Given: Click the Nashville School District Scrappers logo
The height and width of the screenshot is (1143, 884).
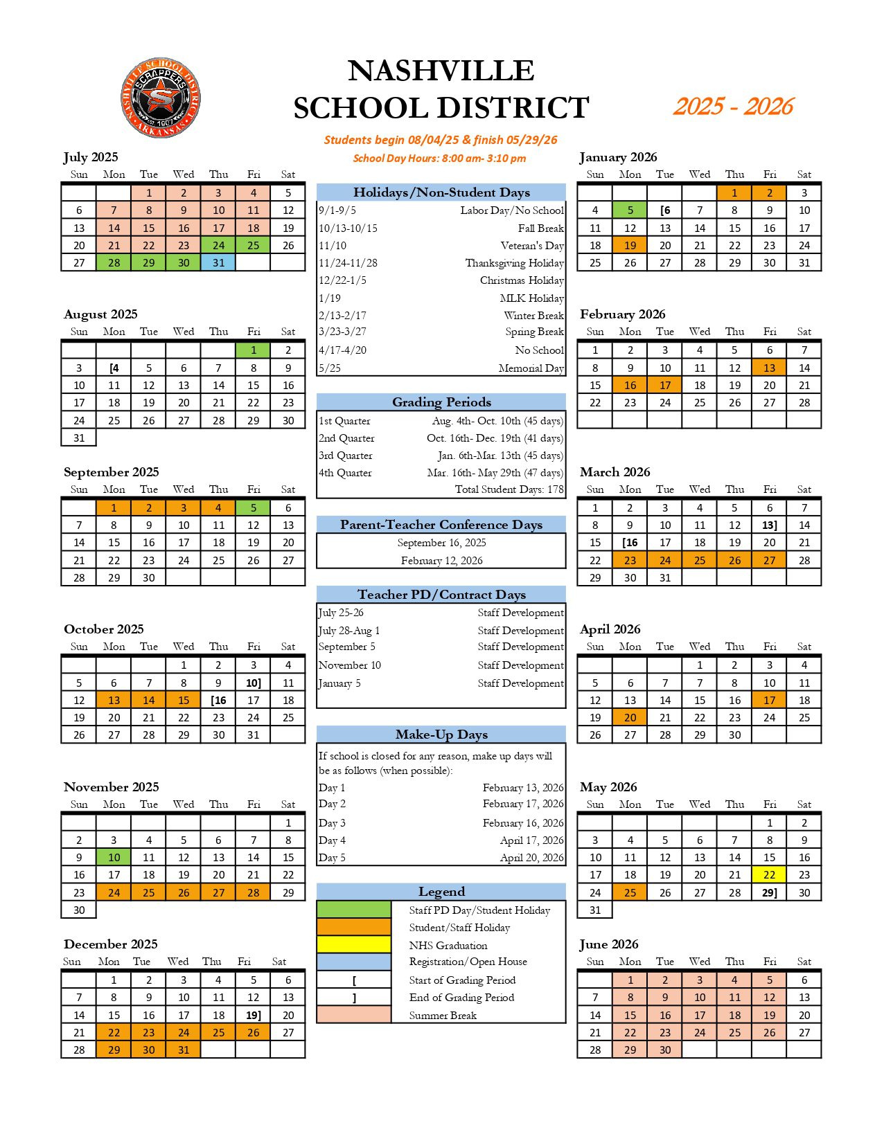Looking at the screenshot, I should point(161,98).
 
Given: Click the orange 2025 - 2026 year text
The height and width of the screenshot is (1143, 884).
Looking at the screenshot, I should point(733,107).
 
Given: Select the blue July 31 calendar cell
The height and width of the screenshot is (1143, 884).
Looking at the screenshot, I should point(218,263).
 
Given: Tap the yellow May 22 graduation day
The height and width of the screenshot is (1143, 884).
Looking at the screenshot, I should point(769,875).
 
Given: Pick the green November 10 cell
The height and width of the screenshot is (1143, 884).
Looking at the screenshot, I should point(114,858).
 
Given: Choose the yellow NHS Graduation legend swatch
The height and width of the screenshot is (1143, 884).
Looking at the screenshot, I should point(353,945).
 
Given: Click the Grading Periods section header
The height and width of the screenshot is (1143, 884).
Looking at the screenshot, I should point(441,402).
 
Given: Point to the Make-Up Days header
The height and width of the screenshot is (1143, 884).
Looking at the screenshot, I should point(441,735).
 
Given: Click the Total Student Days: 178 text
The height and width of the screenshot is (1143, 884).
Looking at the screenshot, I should point(509,489).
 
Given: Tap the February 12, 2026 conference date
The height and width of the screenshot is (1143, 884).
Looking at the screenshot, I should point(441,561).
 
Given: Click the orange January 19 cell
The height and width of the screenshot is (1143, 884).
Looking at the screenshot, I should point(630,246).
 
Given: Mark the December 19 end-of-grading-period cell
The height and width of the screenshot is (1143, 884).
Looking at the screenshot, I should point(253,1016).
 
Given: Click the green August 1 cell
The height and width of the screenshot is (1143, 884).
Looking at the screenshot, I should point(253,350).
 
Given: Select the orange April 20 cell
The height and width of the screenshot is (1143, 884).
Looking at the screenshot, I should point(630,718).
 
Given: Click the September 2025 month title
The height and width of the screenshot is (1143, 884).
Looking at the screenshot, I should point(111,472).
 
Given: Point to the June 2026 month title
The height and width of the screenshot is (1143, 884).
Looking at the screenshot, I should point(609,944).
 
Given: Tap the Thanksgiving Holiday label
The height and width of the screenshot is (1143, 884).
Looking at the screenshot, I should point(514,263).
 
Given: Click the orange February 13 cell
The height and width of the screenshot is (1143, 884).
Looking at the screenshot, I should point(769,368).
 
